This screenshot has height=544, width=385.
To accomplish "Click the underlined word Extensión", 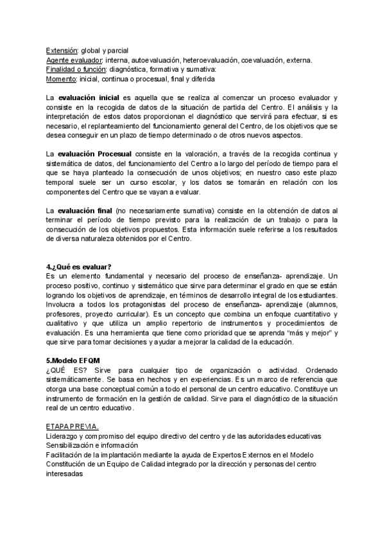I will [62, 51].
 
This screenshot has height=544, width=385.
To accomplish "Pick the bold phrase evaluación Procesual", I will [94, 155].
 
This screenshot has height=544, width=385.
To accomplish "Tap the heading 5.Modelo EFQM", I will [73, 361].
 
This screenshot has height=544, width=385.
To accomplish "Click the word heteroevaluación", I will [211, 60].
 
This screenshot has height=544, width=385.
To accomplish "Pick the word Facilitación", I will [66, 454].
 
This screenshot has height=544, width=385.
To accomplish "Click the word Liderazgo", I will [62, 436].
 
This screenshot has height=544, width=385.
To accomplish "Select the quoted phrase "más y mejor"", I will [310, 333].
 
